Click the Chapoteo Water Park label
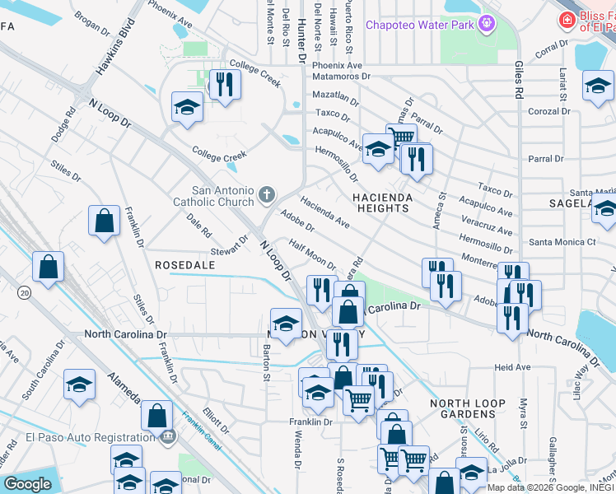(420, 26)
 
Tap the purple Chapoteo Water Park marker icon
(487, 23)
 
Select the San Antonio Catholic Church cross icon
(265, 194)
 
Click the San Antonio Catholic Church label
(213, 195)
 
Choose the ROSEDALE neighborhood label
(184, 265)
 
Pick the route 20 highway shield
(24, 293)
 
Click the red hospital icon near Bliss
(567, 20)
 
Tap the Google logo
(27, 484)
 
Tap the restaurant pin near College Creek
(224, 83)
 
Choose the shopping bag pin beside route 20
(49, 267)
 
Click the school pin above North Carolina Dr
(286, 323)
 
